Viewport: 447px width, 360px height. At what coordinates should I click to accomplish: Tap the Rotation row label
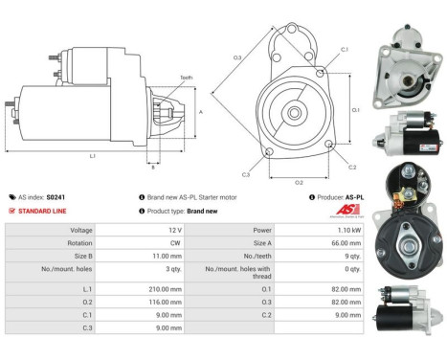point(80,243)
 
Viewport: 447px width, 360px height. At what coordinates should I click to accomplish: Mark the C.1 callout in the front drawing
point(344,48)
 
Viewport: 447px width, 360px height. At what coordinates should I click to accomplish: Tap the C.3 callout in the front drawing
point(246,174)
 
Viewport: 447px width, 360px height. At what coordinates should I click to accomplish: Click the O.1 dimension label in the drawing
point(354,109)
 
